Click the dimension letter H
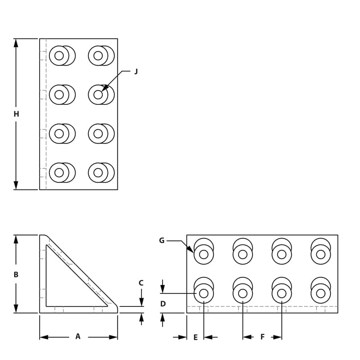coord(16,114)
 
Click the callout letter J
coord(136,71)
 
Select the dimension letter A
coord(78,337)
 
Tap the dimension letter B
coord(16,274)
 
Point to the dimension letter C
coord(141,283)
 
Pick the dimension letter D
coord(163,304)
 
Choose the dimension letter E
coord(195,337)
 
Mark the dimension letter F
coord(262,337)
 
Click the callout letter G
coord(162,241)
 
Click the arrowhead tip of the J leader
coord(102,91)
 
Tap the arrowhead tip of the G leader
coord(193,252)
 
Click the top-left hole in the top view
coord(59,56)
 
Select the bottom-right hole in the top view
coord(98,172)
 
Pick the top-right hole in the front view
coord(321,254)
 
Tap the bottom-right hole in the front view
coord(321,293)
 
